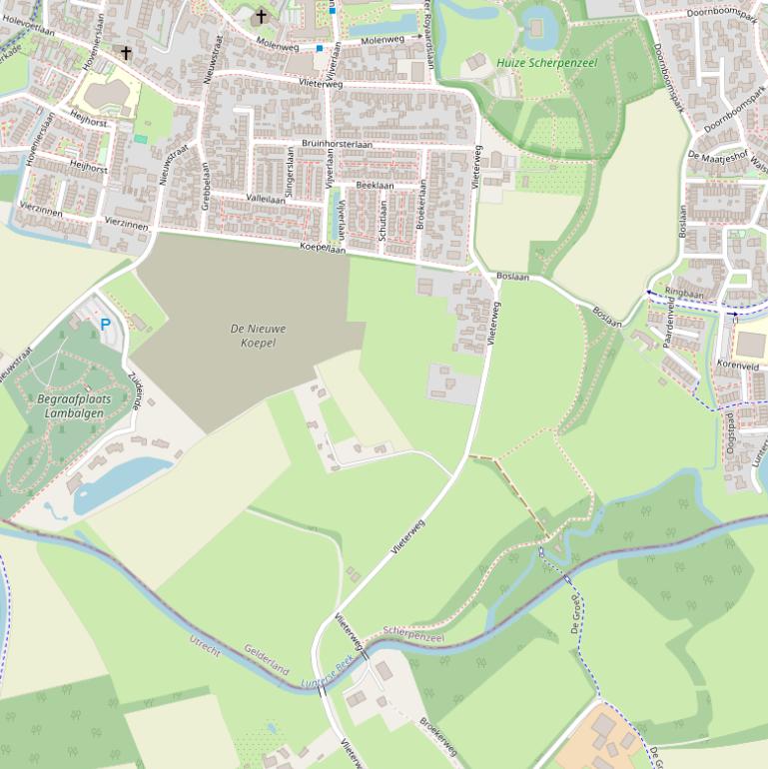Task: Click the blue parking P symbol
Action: tap(105, 325)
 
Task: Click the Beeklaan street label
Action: tap(375, 186)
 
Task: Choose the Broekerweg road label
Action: tap(437, 736)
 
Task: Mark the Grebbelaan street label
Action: tap(205, 186)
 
